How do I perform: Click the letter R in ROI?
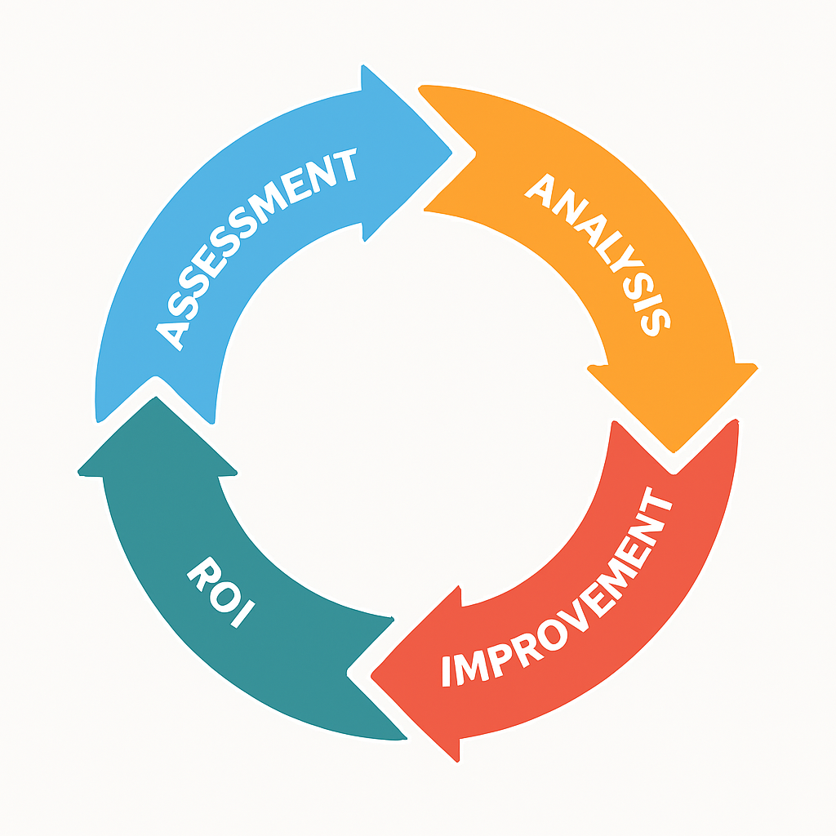click(202, 574)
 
